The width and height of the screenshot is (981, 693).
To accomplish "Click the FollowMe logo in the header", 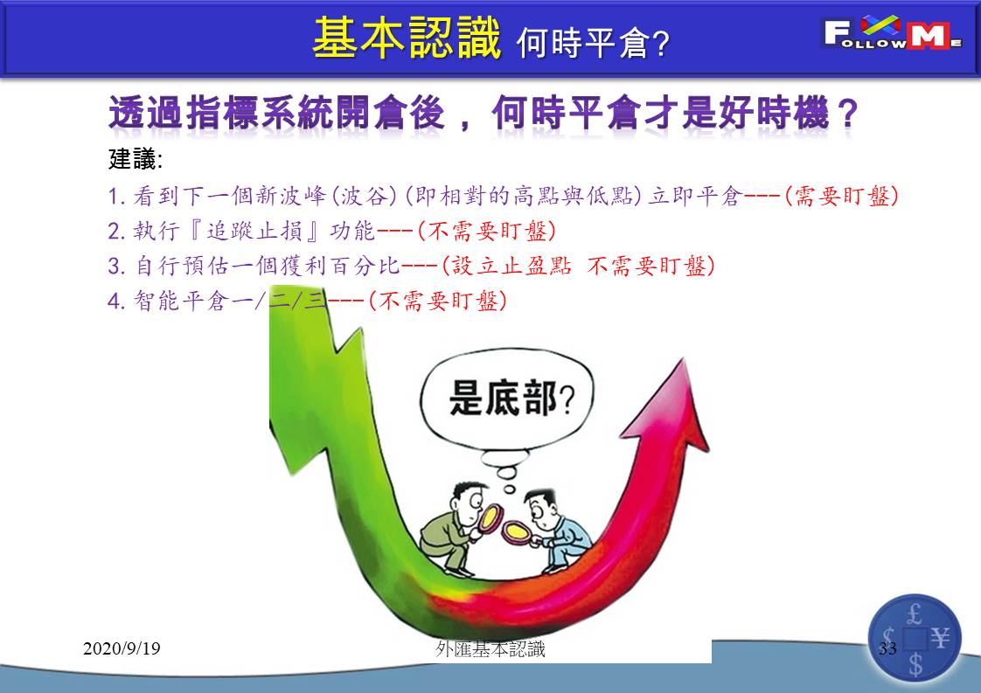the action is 893,33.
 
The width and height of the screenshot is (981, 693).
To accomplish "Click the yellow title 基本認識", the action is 407,38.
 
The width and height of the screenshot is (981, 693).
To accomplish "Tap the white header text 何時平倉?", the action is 593,43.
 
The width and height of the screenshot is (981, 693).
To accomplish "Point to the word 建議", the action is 132,159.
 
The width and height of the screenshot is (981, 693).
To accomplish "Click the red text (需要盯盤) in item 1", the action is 842,197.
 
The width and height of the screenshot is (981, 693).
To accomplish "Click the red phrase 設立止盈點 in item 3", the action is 511,266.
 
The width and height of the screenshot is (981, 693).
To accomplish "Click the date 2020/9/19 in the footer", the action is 122,648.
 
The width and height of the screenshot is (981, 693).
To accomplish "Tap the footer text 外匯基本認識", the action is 491,649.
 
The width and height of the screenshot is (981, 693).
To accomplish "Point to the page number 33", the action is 887,648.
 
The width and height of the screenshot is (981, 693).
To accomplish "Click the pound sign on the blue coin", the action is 915,615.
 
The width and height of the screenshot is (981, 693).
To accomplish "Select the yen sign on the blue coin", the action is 940,638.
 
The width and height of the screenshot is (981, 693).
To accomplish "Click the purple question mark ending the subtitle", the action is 847,114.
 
